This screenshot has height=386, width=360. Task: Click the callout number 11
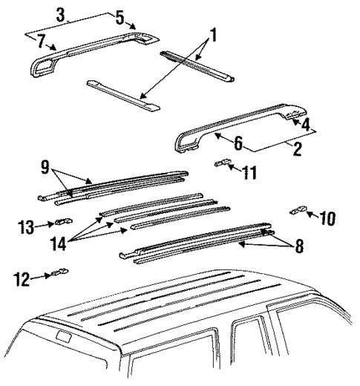(x=250, y=174)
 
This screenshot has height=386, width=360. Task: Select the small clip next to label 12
(x=59, y=273)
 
